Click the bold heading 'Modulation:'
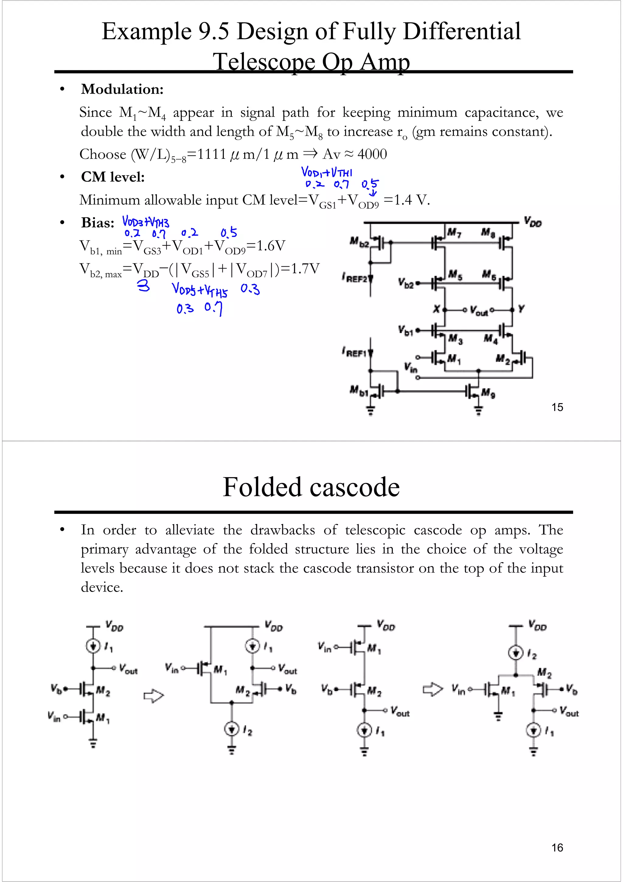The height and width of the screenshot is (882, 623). pos(122,89)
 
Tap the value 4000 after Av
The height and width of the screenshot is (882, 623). pos(372,154)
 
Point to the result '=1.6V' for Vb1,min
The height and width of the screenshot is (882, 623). pos(266,245)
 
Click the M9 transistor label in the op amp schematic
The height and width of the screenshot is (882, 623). pos(488,393)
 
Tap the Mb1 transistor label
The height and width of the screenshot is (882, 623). pos(359,391)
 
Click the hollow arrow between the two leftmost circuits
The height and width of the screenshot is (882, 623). pos(154,696)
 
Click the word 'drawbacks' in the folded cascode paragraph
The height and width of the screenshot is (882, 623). pos(283,530)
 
